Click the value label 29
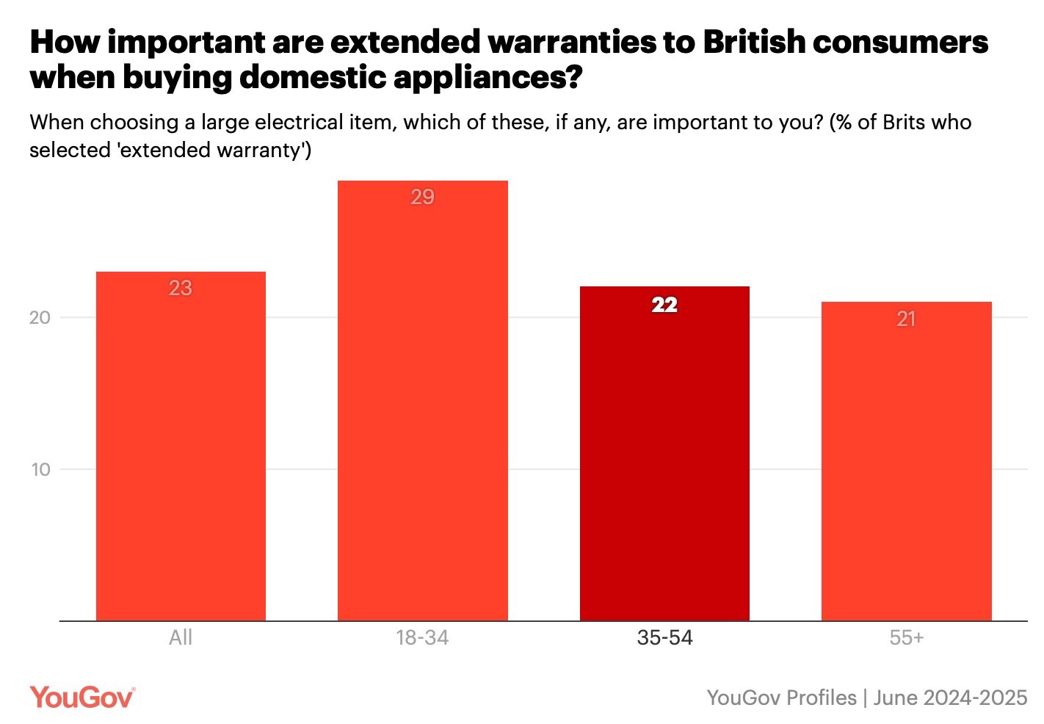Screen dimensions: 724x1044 pyautogui.click(x=422, y=197)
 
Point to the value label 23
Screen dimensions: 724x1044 pyautogui.click(x=181, y=288)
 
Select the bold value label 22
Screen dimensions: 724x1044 pyautogui.click(x=664, y=305)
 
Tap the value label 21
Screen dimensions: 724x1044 pyautogui.click(x=906, y=319)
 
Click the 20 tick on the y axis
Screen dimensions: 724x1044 pyautogui.click(x=40, y=317)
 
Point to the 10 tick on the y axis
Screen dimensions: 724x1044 pyautogui.click(x=40, y=469)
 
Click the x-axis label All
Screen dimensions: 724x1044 pyautogui.click(x=181, y=637)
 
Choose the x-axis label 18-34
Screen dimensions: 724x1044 pyautogui.click(x=422, y=637)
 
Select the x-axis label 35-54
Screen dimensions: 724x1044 pyautogui.click(x=664, y=637)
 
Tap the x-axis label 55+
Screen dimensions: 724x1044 pyautogui.click(x=906, y=637)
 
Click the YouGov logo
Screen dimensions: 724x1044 pyautogui.click(x=82, y=697)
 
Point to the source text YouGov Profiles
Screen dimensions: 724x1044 pyautogui.click(x=781, y=698)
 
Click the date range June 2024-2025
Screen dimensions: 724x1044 pyautogui.click(x=950, y=698)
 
